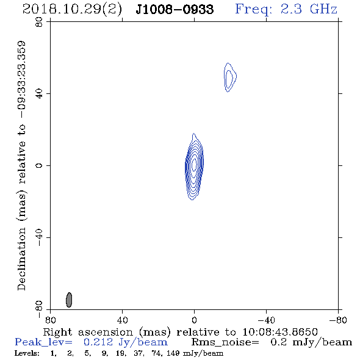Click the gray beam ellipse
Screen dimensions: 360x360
pyautogui.click(x=69, y=300)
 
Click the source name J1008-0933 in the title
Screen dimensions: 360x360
pyautogui.click(x=175, y=9)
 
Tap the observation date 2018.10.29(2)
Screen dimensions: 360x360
pyautogui.click(x=72, y=10)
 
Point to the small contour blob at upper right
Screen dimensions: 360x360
pyautogui.click(x=230, y=77)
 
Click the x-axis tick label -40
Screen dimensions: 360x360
pyautogui.click(x=266, y=320)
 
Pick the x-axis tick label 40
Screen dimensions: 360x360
pyautogui.click(x=122, y=320)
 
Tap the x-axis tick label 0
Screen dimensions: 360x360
pyautogui.click(x=194, y=320)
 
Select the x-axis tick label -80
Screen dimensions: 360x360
pyautogui.click(x=338, y=320)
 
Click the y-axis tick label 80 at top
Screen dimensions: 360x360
pyautogui.click(x=39, y=22)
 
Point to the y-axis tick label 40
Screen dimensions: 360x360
pyautogui.click(x=39, y=94)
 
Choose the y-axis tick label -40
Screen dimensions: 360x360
pyautogui.click(x=39, y=237)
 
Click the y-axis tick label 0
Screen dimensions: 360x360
pyautogui.click(x=39, y=165)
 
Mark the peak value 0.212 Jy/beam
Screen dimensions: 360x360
pyautogui.click(x=126, y=342)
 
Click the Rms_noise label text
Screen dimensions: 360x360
pyautogui.click(x=225, y=342)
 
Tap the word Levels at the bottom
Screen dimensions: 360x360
pyautogui.click(x=27, y=353)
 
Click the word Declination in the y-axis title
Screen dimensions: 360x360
pyautogui.click(x=21, y=259)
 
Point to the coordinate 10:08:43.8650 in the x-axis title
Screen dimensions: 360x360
pyautogui.click(x=280, y=332)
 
